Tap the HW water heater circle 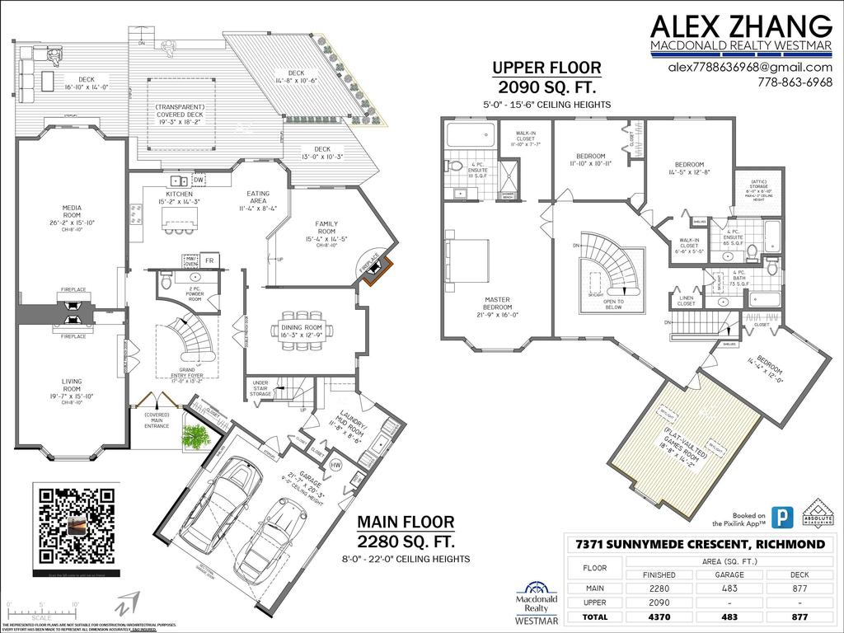point(335,466)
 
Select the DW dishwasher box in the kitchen point(199,181)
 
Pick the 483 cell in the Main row point(730,588)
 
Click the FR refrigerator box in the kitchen point(210,261)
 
